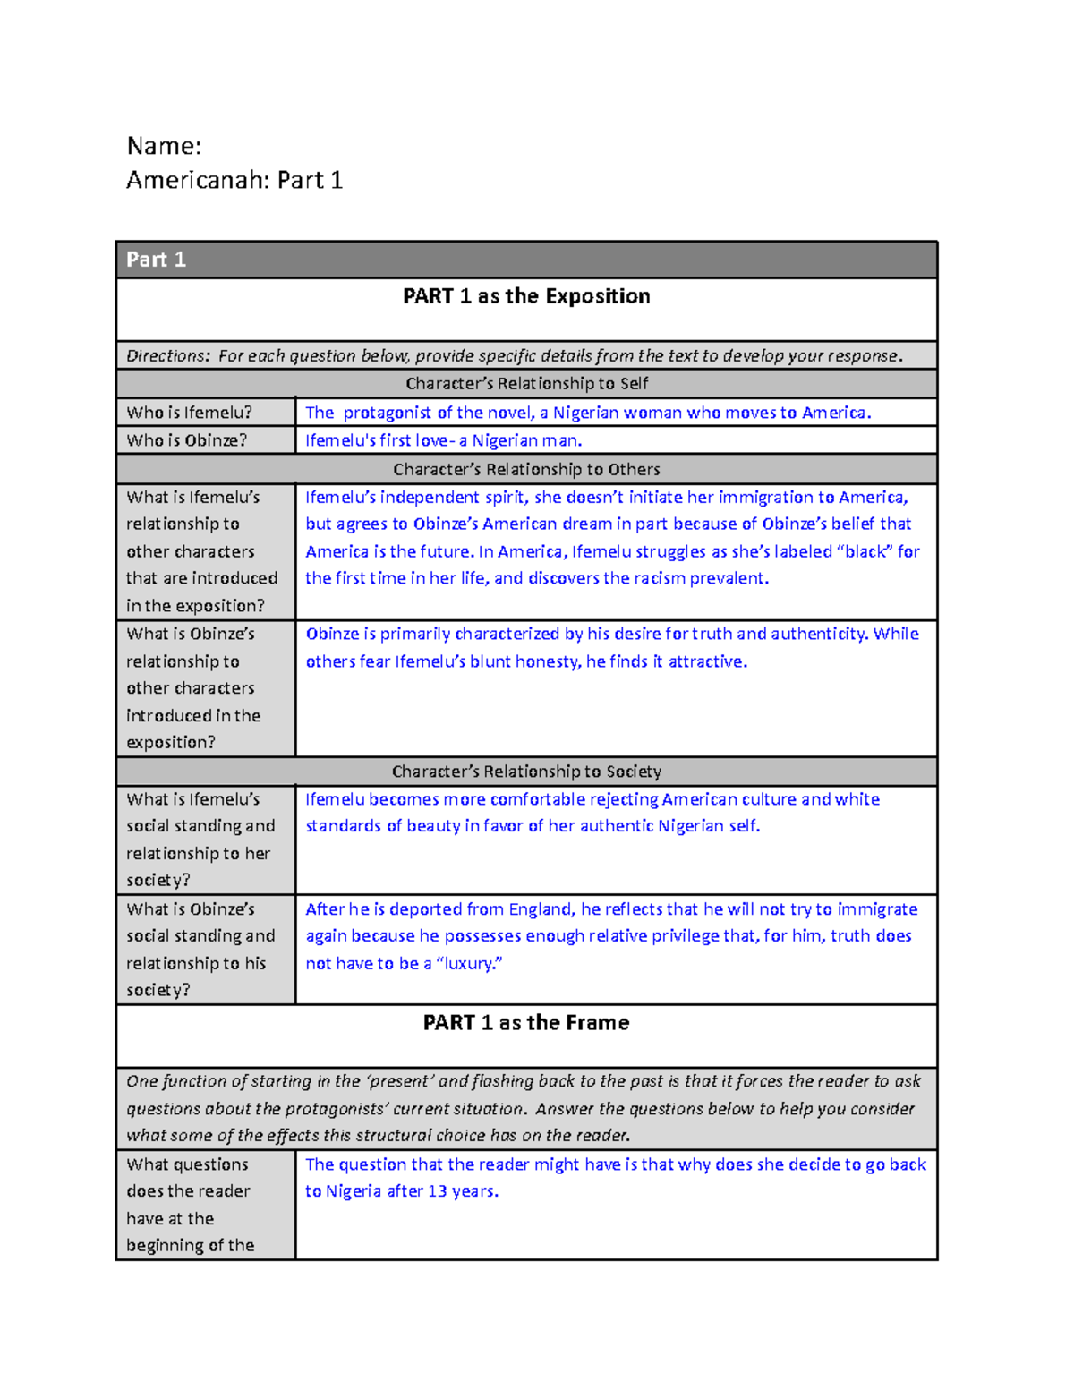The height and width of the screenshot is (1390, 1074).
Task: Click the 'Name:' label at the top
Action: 164,146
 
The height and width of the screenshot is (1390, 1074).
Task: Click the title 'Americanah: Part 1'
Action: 234,181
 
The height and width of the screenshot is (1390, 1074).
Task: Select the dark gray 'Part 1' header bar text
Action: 156,260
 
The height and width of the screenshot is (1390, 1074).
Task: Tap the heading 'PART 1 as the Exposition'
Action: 526,296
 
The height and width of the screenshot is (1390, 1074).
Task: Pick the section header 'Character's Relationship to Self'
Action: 526,383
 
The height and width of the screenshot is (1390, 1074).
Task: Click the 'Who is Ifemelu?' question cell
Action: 189,413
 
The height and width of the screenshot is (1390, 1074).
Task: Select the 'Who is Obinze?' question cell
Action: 186,440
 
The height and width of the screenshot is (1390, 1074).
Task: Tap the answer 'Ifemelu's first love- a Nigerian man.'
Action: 444,440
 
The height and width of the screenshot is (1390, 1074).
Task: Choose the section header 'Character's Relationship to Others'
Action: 526,469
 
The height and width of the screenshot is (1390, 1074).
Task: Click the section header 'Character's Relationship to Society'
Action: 526,771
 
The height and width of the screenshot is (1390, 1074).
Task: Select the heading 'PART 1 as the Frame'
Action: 526,1022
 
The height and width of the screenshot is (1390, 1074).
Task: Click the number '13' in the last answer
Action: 438,1191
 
